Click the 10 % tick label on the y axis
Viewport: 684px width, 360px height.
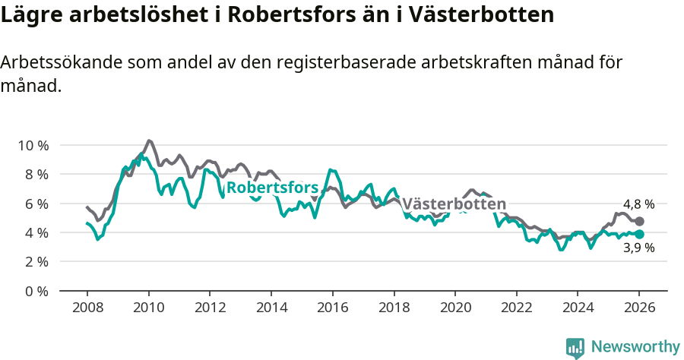point(33,145)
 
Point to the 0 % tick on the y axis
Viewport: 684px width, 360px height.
point(36,291)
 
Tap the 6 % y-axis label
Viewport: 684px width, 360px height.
point(36,204)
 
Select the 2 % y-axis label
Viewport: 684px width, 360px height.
point(36,261)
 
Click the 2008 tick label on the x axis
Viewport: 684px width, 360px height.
point(87,308)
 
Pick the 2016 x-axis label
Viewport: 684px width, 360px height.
point(332,308)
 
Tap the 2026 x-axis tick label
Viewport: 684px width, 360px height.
point(639,308)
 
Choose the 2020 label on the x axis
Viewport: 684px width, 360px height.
point(454,308)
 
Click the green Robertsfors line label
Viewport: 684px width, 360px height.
point(271,188)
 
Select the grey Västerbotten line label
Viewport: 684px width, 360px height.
point(454,204)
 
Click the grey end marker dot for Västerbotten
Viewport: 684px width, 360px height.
point(639,221)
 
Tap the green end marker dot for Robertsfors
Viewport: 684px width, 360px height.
point(639,235)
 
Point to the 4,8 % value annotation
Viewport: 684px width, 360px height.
point(638,204)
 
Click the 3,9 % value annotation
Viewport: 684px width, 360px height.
point(638,248)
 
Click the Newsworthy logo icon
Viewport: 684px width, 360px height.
point(575,348)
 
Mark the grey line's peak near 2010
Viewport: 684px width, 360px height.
point(149,141)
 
